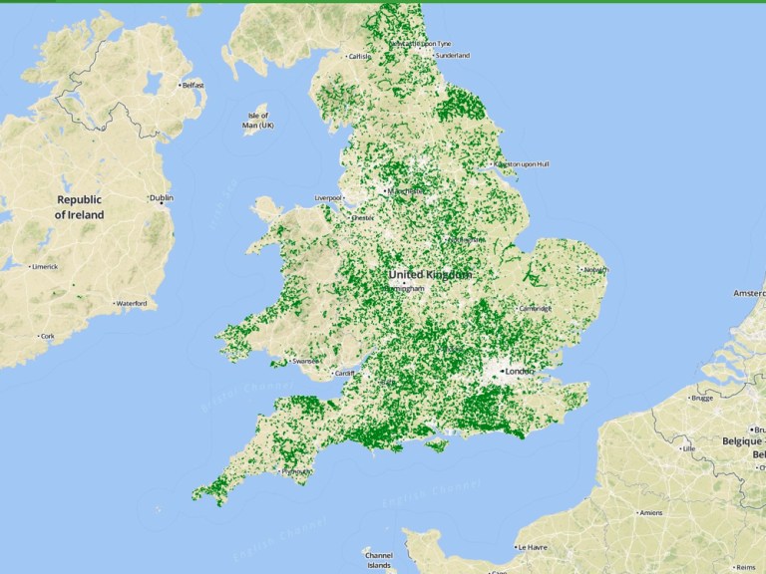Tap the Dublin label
click(x=161, y=198)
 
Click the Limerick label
click(x=44, y=267)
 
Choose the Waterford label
click(x=131, y=303)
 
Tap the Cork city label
click(x=47, y=336)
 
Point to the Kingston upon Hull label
click(x=524, y=164)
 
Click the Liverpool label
click(x=329, y=197)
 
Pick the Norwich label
click(x=595, y=269)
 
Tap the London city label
click(x=521, y=372)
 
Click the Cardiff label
click(x=344, y=374)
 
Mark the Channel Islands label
click(x=379, y=560)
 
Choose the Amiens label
click(x=650, y=512)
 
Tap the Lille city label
click(x=687, y=448)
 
